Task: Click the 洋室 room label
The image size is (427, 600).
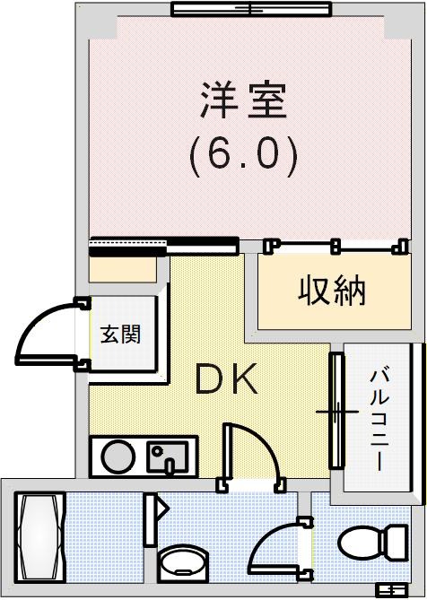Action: (x=243, y=101)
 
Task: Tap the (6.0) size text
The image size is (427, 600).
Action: (x=243, y=154)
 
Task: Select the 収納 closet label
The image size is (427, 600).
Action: (x=332, y=292)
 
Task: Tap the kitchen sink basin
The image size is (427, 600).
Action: (x=168, y=457)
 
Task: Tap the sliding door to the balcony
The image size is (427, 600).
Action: (x=336, y=411)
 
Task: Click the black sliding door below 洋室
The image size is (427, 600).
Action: (x=163, y=242)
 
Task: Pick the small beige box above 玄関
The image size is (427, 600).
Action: (x=123, y=267)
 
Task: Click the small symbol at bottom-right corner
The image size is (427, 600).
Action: (x=391, y=589)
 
